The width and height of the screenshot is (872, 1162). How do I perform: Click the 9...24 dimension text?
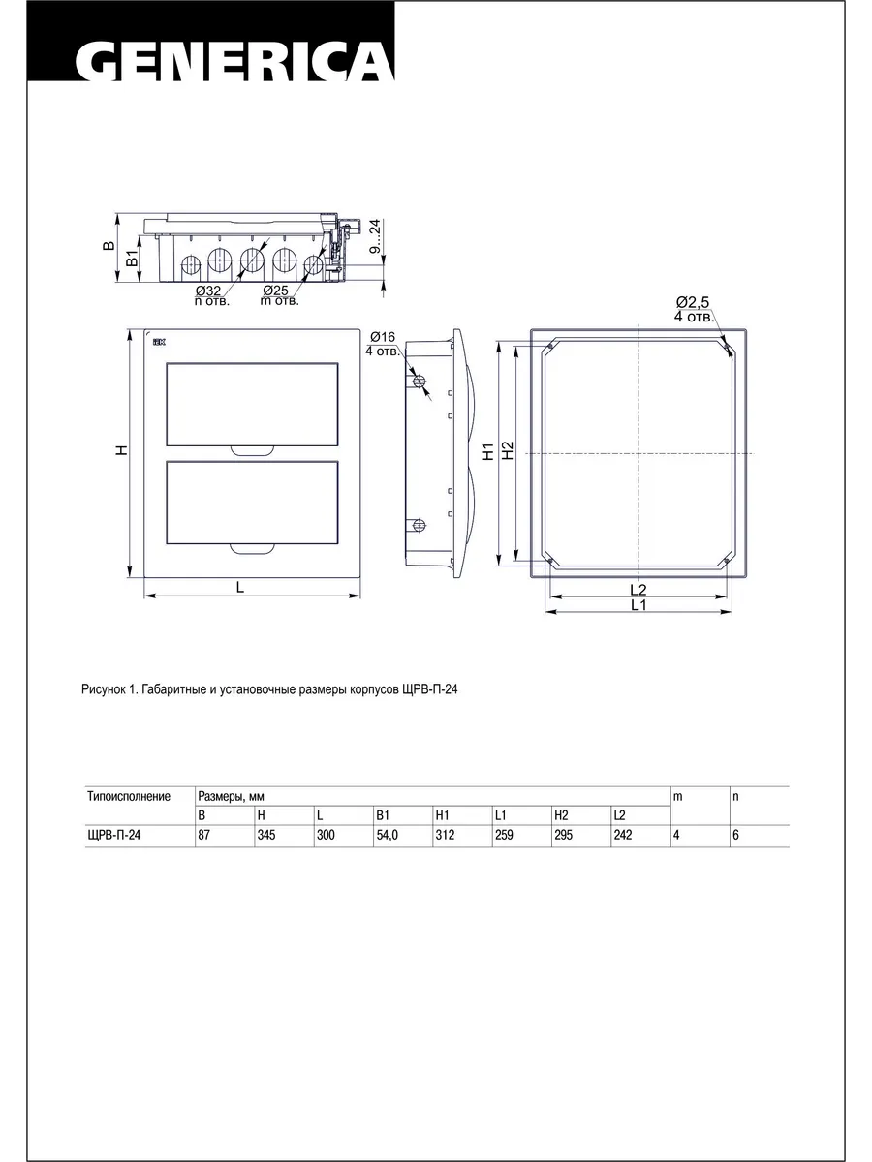point(375,235)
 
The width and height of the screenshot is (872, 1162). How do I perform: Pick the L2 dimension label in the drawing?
point(638,589)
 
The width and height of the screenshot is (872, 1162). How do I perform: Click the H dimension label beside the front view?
point(122,450)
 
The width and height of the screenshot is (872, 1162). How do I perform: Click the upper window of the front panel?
point(252,405)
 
